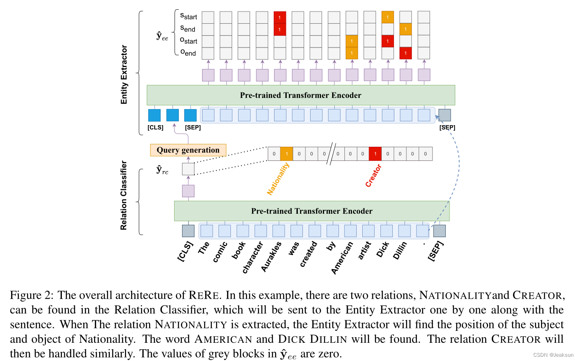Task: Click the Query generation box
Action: pyautogui.click(x=188, y=150)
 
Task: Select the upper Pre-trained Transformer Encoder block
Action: pyautogui.click(x=300, y=95)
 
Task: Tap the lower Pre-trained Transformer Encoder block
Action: pyautogui.click(x=311, y=211)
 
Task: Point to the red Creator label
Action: pyautogui.click(x=374, y=176)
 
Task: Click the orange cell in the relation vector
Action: pyautogui.click(x=286, y=154)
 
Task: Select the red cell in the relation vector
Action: pyautogui.click(x=375, y=154)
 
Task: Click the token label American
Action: pyautogui.click(x=341, y=257)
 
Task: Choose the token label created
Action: pyautogui.click(x=308, y=255)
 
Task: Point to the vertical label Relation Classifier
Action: pyautogui.click(x=124, y=195)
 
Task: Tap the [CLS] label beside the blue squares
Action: pyautogui.click(x=155, y=127)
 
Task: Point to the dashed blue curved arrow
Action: pyautogui.click(x=458, y=161)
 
